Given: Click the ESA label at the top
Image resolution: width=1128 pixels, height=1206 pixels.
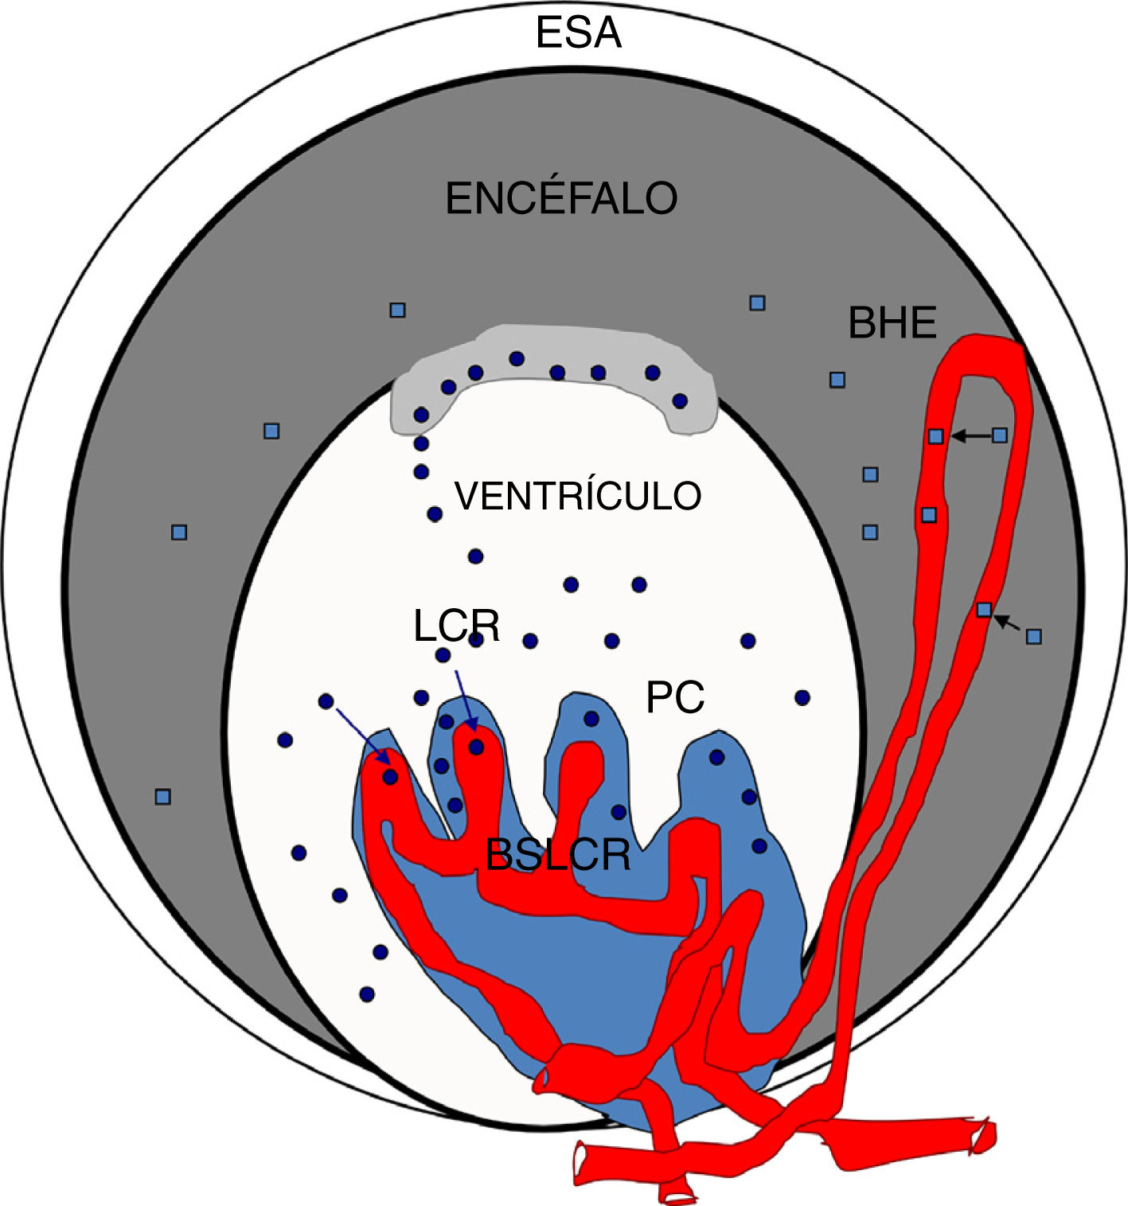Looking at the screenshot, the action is (x=578, y=33).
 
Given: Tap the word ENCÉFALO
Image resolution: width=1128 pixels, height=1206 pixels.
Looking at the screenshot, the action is (x=561, y=198).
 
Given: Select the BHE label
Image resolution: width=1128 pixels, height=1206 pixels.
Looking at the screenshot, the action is (x=892, y=323).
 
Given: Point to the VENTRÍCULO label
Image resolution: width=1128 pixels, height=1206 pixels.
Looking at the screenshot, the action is (x=578, y=496).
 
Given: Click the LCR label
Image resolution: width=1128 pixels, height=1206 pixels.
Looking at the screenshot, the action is (x=456, y=626).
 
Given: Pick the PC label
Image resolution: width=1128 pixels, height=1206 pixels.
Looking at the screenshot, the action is (x=675, y=698).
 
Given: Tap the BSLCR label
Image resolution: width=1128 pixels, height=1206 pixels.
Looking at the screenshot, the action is (x=558, y=855).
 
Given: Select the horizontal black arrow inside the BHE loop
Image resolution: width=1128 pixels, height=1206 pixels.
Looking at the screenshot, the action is (x=969, y=435).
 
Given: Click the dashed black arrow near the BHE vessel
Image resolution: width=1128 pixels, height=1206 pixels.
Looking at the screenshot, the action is (x=1008, y=623).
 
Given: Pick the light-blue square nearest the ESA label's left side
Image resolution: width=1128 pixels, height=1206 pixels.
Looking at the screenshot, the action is (x=397, y=310).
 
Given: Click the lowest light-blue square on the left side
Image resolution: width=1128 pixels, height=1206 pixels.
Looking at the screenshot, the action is (x=163, y=796).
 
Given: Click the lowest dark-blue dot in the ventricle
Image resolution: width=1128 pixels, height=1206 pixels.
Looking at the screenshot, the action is (x=367, y=993).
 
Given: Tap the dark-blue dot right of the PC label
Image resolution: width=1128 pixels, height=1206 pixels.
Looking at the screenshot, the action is (x=802, y=697).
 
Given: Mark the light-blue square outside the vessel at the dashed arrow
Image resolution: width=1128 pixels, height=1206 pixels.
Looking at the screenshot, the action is (x=1033, y=636).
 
